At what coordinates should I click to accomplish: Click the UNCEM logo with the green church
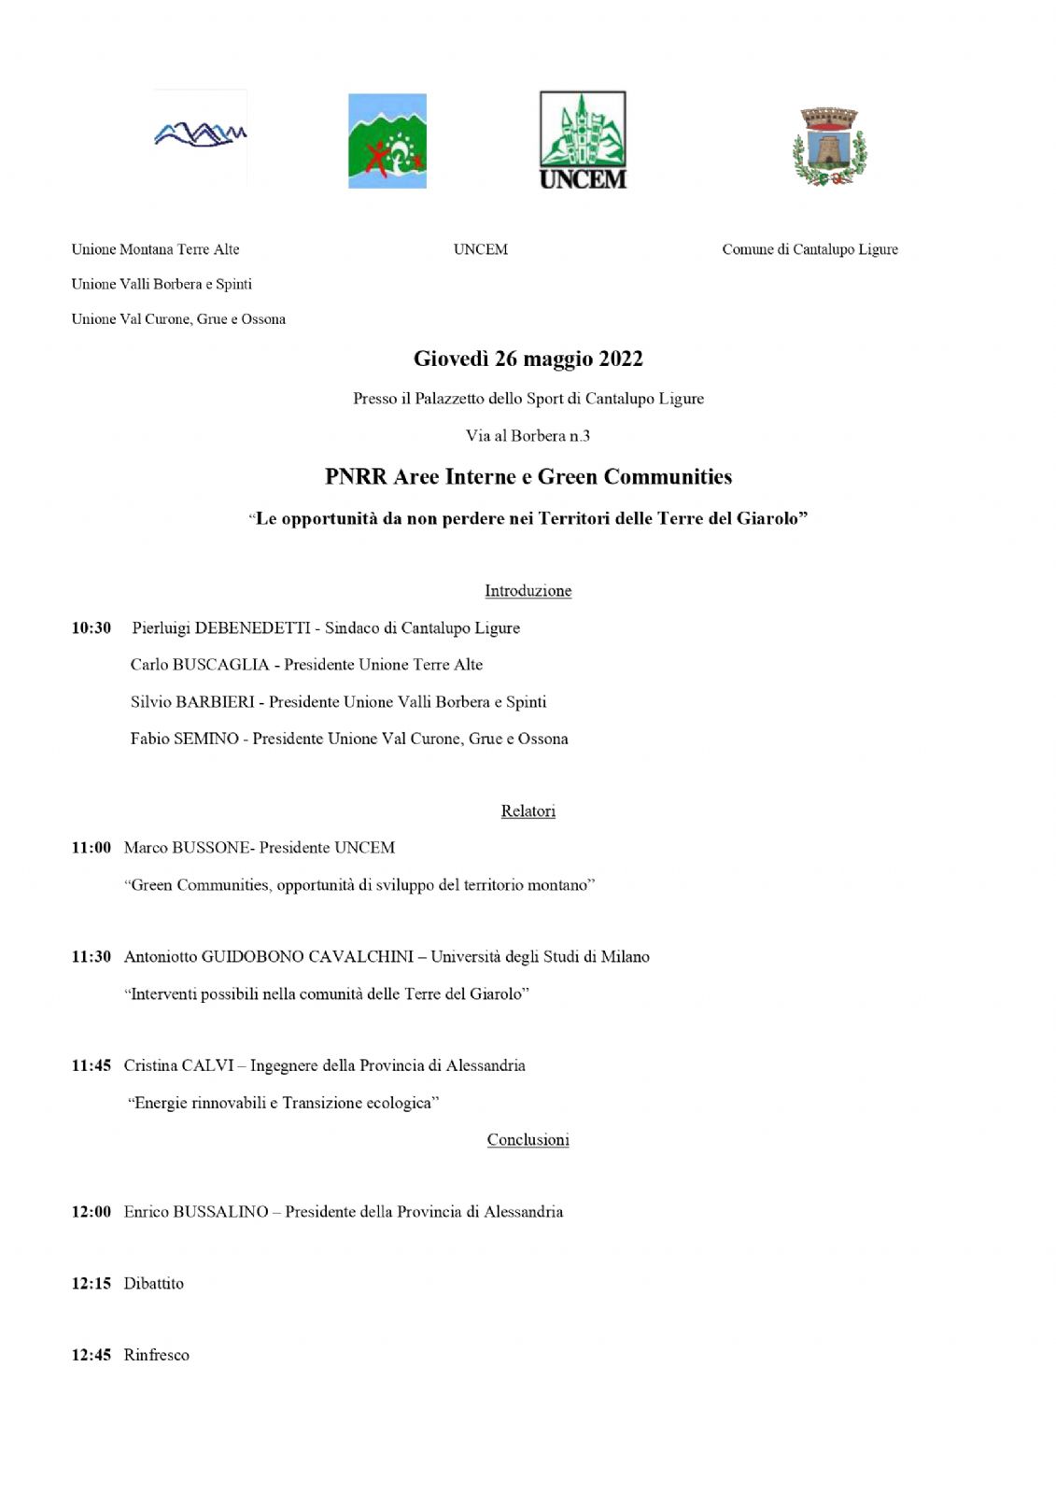point(583,140)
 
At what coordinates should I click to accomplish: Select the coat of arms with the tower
point(829,147)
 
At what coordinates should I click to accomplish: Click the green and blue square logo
point(387,141)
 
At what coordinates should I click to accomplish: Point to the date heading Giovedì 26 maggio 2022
point(528,359)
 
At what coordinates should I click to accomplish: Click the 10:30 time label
point(92,628)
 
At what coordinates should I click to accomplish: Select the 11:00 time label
point(92,848)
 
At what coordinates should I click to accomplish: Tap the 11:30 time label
point(92,957)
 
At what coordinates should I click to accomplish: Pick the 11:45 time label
point(92,1065)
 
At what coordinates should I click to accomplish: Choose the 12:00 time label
point(92,1212)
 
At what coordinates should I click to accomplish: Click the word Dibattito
point(154,1284)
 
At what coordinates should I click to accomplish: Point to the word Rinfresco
point(157,1355)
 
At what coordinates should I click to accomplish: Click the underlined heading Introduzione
point(528,591)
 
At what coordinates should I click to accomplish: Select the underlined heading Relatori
point(528,811)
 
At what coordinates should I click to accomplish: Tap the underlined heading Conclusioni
point(528,1140)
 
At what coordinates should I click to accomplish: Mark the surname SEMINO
point(206,739)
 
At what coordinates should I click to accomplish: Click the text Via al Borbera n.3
point(528,436)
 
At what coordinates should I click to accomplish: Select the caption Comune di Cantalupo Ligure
point(810,249)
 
